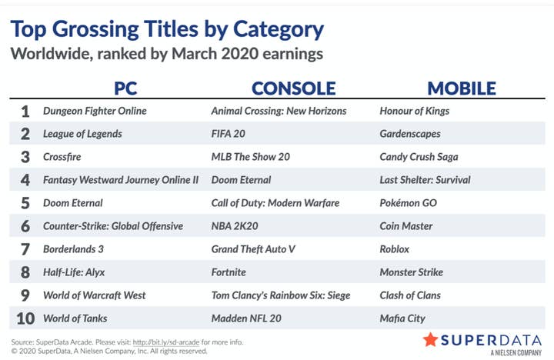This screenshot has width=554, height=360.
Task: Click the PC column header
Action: pyautogui.click(x=125, y=88)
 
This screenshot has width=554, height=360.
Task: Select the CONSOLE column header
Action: pyautogui.click(x=294, y=88)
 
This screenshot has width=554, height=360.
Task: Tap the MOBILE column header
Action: pyautogui.click(x=462, y=88)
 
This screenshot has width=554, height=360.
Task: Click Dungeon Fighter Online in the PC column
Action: pyautogui.click(x=95, y=111)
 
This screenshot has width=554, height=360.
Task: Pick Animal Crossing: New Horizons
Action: pyautogui.click(x=279, y=111)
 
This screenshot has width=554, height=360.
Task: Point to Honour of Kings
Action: pyautogui.click(x=415, y=111)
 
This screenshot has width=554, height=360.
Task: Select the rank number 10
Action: pyautogui.click(x=25, y=318)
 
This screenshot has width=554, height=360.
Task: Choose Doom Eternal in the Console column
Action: pyautogui.click(x=241, y=180)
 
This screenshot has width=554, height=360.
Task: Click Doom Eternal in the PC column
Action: pyautogui.click(x=73, y=203)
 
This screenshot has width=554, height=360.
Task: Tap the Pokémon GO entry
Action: pyautogui.click(x=408, y=203)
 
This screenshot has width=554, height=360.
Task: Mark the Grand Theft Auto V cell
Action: pyautogui.click(x=253, y=249)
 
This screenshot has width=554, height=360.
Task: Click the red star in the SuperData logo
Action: pyautogui.click(x=430, y=340)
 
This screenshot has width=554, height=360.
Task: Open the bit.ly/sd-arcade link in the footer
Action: pyautogui.click(x=166, y=342)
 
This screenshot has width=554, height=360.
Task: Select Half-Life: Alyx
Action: pyautogui.click(x=74, y=272)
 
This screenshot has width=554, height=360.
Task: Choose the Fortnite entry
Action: pyautogui.click(x=229, y=272)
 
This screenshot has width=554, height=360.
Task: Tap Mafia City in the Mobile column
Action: pyautogui.click(x=402, y=318)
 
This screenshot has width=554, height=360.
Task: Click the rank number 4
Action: pyautogui.click(x=25, y=180)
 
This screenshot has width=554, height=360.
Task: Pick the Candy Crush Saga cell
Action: pyautogui.click(x=419, y=157)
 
